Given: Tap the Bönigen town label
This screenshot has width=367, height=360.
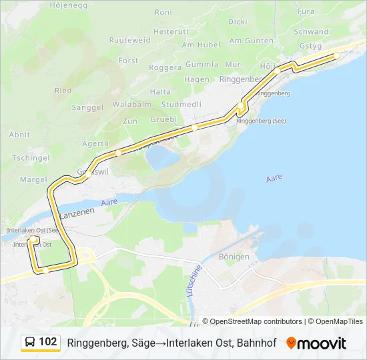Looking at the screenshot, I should [x=234, y=257].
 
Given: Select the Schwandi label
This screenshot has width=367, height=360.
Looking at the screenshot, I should [x=312, y=31].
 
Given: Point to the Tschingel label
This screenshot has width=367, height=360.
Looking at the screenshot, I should [x=31, y=157].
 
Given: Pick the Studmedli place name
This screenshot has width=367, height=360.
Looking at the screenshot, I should [x=181, y=104].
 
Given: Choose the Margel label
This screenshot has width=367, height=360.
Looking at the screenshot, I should [x=33, y=179].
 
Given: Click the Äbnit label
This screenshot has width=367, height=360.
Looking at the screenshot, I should [x=19, y=134].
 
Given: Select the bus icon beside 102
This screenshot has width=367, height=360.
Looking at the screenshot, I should [x=30, y=342].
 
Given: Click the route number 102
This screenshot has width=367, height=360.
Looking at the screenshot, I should [x=48, y=342].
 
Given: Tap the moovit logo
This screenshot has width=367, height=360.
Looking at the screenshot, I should [x=316, y=343].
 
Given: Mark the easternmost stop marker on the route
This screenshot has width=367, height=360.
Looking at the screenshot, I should [x=336, y=56].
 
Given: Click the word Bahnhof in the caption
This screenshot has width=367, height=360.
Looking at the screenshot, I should [x=258, y=343].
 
